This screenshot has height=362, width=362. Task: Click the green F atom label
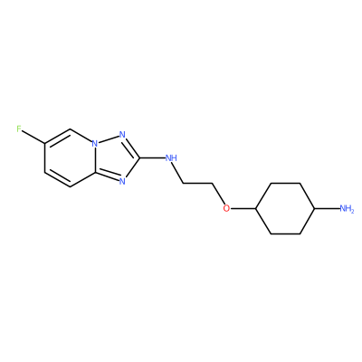(x=19, y=129)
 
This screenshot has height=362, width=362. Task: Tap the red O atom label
(x=226, y=208)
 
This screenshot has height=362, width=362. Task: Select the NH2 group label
(x=347, y=208)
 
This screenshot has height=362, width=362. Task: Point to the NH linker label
(x=171, y=157)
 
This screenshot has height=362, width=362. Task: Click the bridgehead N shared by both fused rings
(x=95, y=143)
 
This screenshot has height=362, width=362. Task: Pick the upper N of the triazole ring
(x=122, y=135)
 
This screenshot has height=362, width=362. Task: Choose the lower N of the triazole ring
(x=122, y=181)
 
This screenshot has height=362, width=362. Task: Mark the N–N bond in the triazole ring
(x=109, y=139)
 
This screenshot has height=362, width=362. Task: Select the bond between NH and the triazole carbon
(x=152, y=157)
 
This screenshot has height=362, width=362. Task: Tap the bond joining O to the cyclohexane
(x=243, y=208)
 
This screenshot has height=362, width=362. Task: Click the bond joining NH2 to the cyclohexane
(x=327, y=208)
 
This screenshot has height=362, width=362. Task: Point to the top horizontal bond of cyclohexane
(x=285, y=183)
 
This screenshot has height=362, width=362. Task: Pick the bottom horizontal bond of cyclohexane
(x=285, y=233)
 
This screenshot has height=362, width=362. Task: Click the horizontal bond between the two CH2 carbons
(x=198, y=183)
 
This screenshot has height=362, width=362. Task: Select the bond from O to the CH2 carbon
(x=218, y=194)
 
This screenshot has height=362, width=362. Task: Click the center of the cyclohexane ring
(x=285, y=208)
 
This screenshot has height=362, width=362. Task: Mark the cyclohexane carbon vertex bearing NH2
(x=315, y=208)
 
